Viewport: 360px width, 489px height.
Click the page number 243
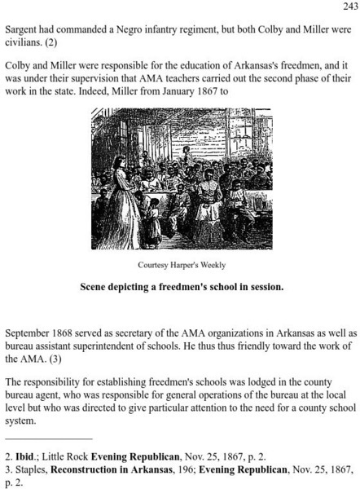[x=348, y=7]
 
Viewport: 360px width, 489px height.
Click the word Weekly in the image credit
[x=208, y=265]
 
